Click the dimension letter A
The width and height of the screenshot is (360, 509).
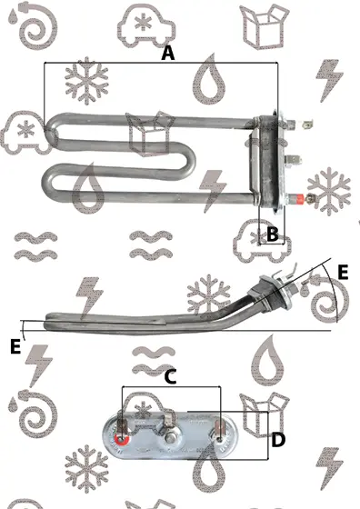click(168, 54)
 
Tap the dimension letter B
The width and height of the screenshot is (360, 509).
click(273, 234)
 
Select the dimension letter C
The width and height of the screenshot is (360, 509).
click(170, 377)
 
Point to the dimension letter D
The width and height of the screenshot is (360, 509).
click(278, 440)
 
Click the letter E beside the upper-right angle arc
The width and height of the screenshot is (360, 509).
click(343, 272)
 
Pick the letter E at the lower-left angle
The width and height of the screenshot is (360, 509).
click(15, 346)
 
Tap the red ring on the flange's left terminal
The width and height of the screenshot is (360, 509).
click(122, 440)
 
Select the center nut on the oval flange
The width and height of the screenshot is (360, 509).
click(170, 439)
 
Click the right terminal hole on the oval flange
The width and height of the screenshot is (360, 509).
click(220, 440)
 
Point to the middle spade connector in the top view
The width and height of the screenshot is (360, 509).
click(294, 160)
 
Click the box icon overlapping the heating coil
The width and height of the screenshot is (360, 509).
click(150, 133)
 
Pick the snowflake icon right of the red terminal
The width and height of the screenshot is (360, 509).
click(329, 191)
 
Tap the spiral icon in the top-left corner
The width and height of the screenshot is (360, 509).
click(33, 25)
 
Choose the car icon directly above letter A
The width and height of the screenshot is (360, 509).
click(146, 25)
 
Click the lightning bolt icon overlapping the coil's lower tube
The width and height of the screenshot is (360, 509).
click(212, 190)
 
